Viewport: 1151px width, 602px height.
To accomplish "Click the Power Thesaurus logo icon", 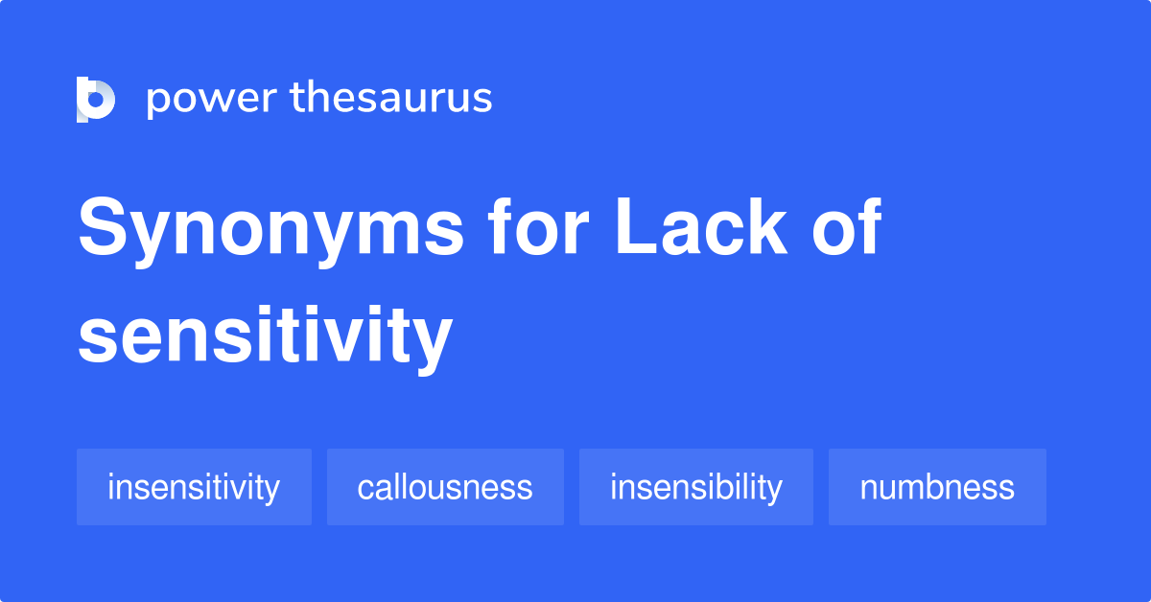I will click(95, 100).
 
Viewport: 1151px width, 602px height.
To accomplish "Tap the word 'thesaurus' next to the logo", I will click(391, 99).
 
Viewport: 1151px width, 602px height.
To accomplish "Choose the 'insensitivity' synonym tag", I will click(194, 487).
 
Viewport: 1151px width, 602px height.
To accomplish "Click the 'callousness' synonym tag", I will click(445, 487).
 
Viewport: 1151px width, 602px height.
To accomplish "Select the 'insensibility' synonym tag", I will click(695, 487).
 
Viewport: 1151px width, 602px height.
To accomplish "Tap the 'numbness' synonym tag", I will click(937, 487).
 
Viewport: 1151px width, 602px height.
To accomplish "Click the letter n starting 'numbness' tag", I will click(867, 489).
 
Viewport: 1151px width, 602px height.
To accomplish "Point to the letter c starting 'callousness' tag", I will click(364, 489).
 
